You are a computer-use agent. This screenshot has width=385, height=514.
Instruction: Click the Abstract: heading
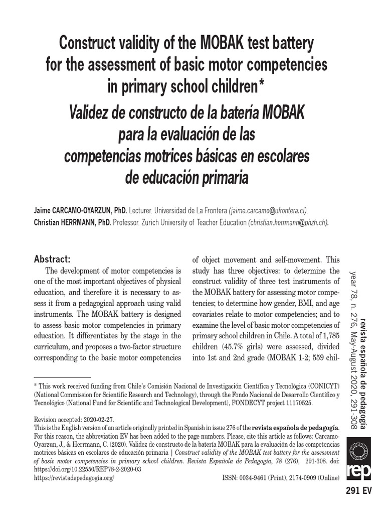tap(52, 259)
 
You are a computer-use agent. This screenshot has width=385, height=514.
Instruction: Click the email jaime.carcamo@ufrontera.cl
tap(269, 210)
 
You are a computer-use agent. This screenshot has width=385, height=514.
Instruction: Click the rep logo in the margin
tap(362, 458)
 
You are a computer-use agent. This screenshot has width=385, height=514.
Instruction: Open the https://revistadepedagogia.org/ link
tap(74, 478)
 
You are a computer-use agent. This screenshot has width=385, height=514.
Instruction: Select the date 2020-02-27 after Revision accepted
tap(100, 419)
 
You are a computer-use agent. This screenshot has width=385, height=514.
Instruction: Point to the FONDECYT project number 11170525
tap(297, 402)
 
